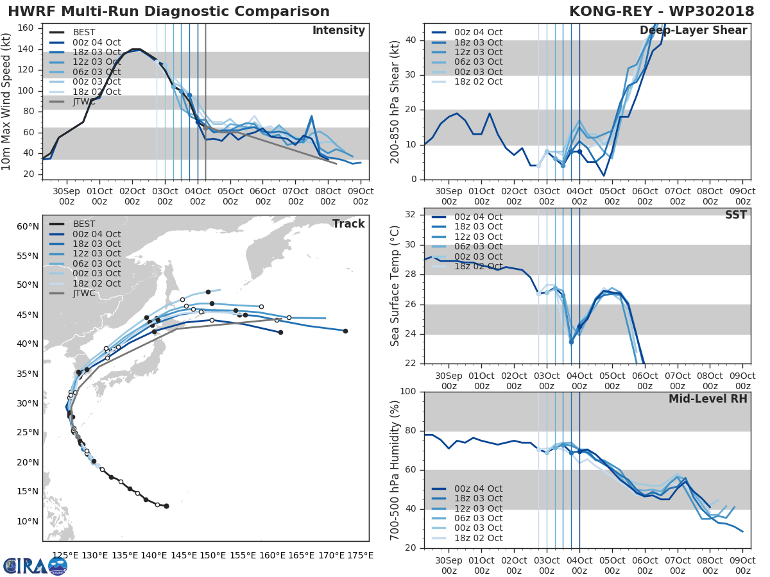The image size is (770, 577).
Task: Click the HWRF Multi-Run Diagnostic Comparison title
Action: pos(169,12)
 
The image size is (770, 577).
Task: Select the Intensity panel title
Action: pos(338,31)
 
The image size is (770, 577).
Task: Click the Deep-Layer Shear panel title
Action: pos(693,31)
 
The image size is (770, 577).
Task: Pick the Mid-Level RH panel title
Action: pos(708,399)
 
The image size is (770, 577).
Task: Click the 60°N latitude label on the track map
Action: pos(27,226)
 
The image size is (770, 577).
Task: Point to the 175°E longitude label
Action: pos(359,555)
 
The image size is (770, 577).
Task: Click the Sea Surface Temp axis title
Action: pos(395,285)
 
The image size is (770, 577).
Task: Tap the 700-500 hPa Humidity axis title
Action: pos(395,469)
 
